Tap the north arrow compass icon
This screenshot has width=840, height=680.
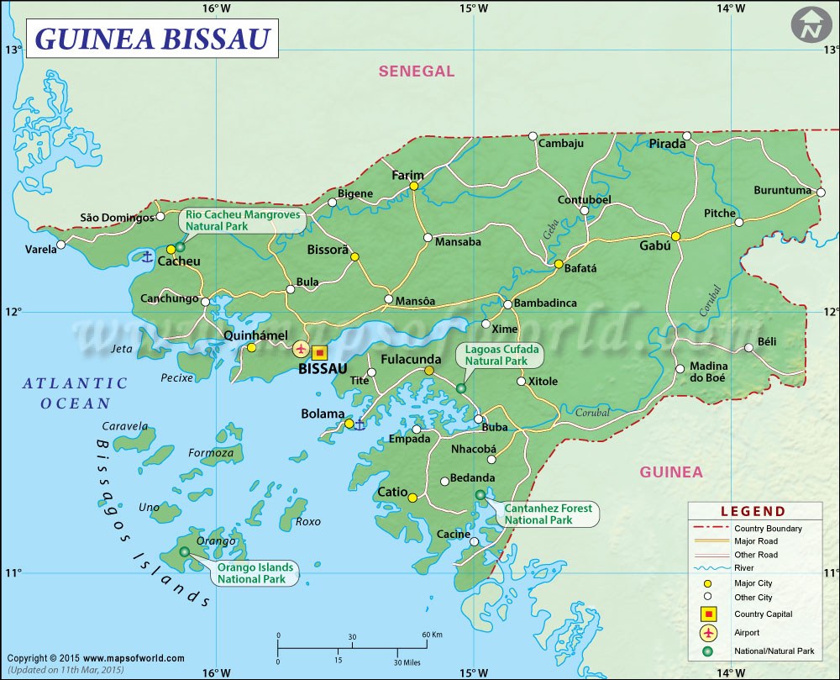[810, 26]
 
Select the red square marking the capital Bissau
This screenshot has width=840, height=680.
[319, 353]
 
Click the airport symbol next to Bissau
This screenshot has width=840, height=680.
[301, 348]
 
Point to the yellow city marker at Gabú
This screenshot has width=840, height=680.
[675, 236]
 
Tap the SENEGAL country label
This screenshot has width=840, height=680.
[416, 71]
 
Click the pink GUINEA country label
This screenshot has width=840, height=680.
[671, 472]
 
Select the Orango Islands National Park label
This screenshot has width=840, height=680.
[255, 573]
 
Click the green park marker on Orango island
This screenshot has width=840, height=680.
[185, 552]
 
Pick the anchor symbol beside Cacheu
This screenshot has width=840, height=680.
[147, 256]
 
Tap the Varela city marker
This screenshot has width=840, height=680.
[60, 246]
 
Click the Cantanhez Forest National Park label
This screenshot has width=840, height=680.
[548, 514]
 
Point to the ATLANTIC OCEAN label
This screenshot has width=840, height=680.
[76, 393]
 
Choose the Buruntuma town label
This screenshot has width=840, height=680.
[782, 191]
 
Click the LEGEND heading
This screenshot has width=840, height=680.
[753, 511]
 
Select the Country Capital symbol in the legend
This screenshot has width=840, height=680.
[709, 614]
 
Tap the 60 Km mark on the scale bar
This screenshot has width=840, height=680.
[432, 635]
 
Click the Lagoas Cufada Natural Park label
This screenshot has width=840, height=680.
[498, 355]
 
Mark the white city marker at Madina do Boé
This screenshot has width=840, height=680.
[680, 368]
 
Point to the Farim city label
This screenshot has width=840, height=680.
[408, 175]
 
